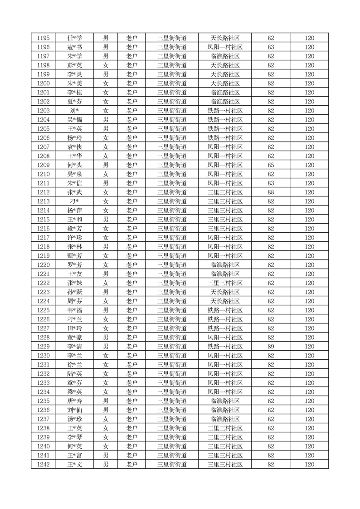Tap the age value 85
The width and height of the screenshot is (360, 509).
(271, 165)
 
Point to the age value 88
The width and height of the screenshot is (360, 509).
(271, 192)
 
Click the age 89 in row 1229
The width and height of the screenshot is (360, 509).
(271, 347)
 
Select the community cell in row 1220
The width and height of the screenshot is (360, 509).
(225, 265)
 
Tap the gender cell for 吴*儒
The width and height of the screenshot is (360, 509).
(106, 120)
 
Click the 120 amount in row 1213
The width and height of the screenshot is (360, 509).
(309, 201)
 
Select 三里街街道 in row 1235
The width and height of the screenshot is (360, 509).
(172, 401)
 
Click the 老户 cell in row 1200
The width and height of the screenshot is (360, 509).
(131, 83)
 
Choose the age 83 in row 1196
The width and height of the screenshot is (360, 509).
(271, 47)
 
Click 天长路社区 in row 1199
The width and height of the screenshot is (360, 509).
(225, 74)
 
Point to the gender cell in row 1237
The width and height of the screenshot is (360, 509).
(106, 419)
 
